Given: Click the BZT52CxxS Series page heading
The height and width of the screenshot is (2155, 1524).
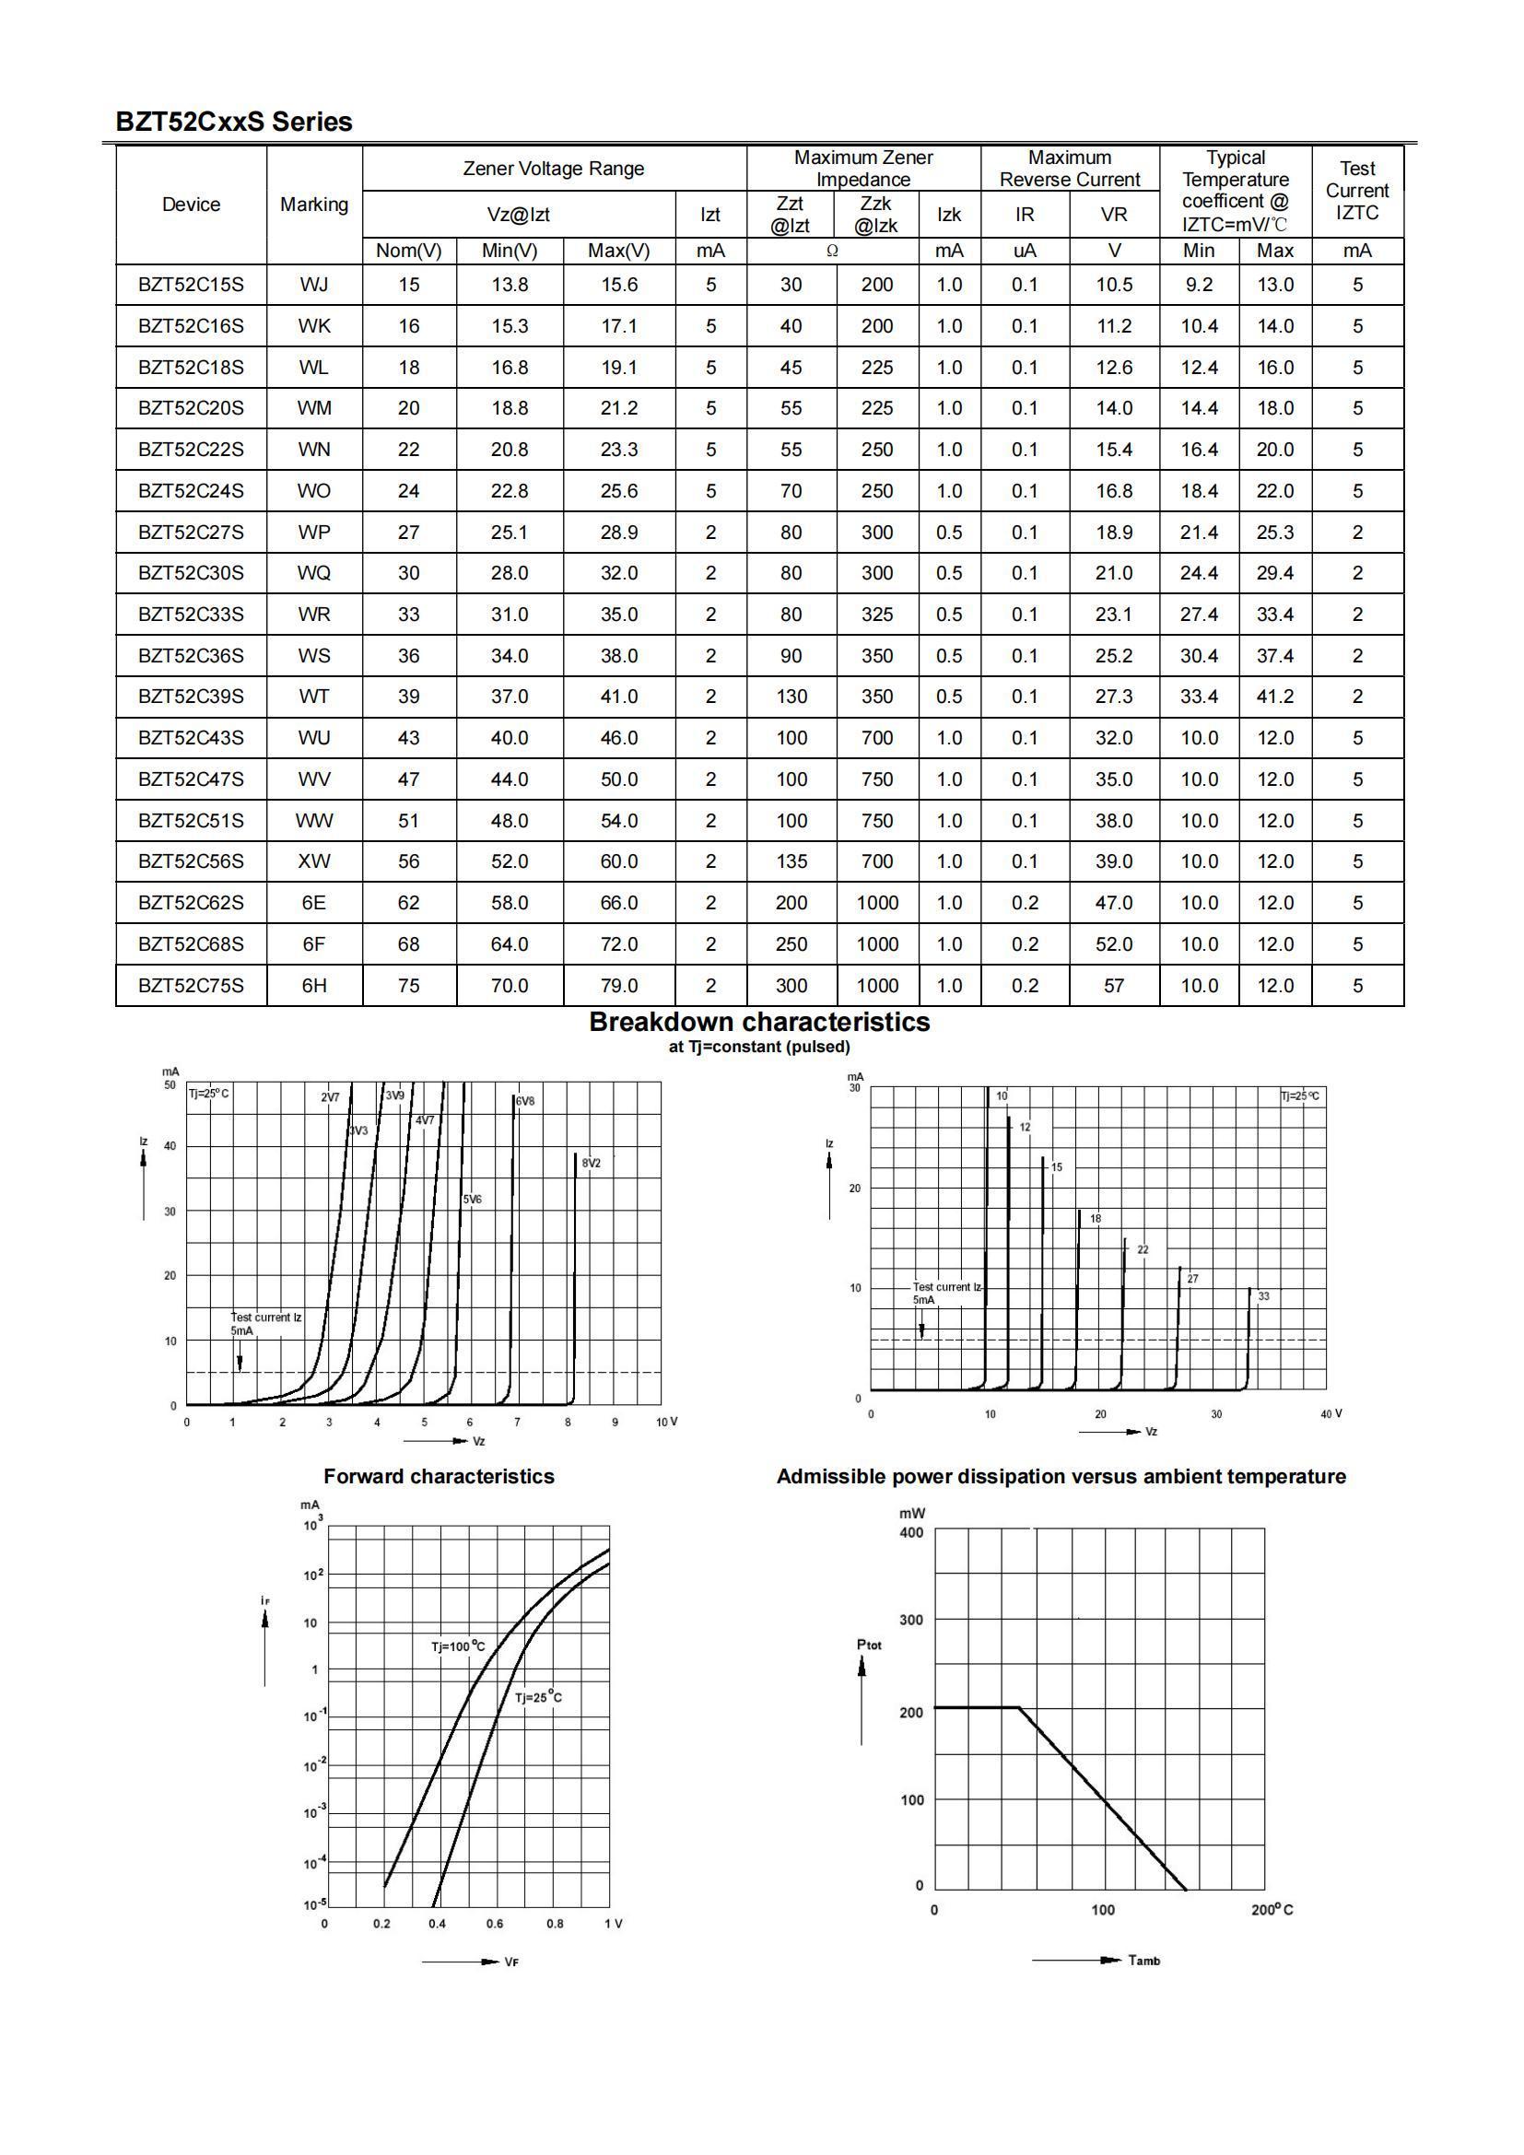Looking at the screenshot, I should tap(234, 122).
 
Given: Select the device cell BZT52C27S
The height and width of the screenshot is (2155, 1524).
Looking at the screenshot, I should tap(191, 533).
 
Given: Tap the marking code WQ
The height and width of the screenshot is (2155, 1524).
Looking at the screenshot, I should tap(313, 572).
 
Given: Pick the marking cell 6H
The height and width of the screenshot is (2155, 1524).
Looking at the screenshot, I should tap(313, 986).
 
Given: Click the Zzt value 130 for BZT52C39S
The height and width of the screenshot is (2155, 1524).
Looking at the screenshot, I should tap(791, 697).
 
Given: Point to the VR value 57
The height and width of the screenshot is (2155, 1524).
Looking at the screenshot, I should tap(1114, 986).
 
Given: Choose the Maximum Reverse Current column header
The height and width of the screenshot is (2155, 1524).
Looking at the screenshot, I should tap(1069, 168).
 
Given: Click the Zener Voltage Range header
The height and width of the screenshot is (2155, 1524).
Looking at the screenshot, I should tap(554, 168).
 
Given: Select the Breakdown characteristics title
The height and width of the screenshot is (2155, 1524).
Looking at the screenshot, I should tap(759, 1022).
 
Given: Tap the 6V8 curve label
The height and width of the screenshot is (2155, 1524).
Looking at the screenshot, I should tap(524, 1101).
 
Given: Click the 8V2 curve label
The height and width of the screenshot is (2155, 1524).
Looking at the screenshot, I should tap(592, 1163).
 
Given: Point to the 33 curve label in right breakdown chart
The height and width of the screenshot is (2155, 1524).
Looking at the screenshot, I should tap(1263, 1296).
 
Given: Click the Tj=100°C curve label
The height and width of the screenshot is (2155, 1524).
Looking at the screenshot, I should tap(458, 1646).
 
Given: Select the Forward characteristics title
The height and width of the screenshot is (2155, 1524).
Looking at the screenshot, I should tap(439, 1476).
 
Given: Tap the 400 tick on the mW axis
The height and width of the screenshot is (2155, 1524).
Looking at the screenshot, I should tap(911, 1533).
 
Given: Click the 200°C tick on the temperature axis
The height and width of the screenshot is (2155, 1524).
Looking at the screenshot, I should tap(1272, 1910).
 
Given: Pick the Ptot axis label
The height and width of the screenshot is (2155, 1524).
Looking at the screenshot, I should tap(869, 1645).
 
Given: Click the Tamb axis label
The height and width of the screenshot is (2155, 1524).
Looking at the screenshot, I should tap(1144, 1961).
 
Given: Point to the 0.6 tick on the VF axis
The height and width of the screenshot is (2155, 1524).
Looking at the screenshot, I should tap(495, 1923).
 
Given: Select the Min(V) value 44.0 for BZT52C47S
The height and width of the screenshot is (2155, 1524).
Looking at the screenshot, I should tap(510, 779).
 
